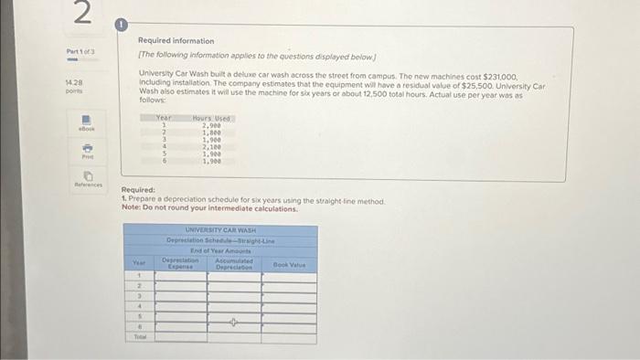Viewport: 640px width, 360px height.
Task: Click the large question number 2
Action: point(81,16)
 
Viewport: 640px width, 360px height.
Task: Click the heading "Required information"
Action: point(176,41)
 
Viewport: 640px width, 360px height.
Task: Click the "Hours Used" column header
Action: point(212,118)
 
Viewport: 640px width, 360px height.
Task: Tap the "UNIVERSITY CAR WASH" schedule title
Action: point(221,230)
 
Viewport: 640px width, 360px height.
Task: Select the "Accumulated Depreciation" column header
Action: point(235,264)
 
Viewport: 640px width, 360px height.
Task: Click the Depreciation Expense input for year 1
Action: point(179,277)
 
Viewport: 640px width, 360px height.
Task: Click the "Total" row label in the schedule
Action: point(140,336)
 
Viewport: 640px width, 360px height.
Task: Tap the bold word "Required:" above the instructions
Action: point(139,190)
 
